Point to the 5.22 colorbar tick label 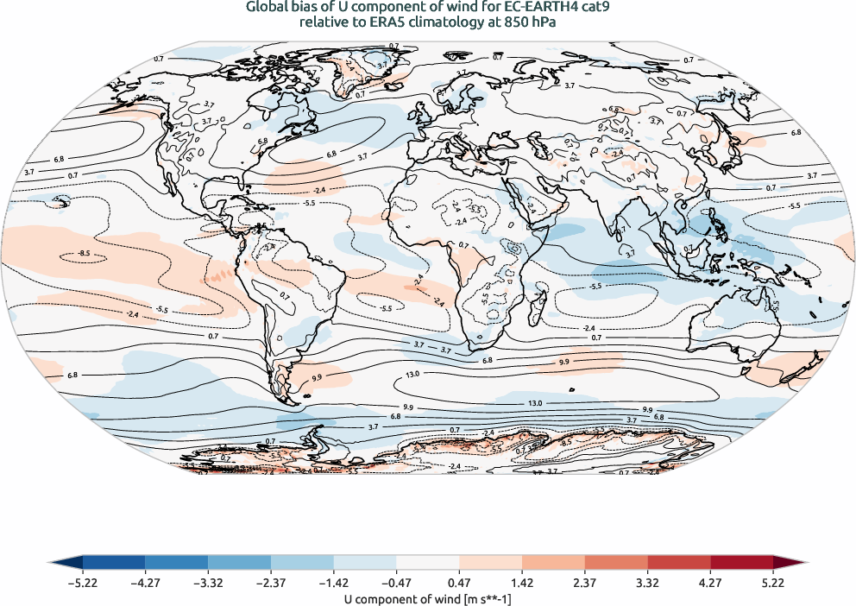773,583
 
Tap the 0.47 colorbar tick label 459,583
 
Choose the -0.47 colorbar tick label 396,583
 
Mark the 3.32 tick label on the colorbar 648,583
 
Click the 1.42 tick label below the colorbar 522,583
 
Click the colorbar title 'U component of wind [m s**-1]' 428,597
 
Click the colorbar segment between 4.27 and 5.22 741,563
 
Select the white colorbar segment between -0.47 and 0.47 428,563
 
